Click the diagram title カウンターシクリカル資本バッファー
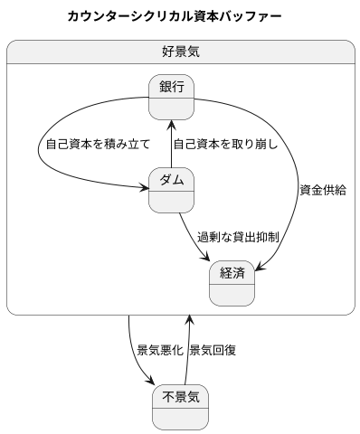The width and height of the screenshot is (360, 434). (174, 16)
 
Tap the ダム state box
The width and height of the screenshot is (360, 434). (172, 191)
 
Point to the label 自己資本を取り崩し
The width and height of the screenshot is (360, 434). (225, 144)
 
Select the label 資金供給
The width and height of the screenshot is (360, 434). (322, 190)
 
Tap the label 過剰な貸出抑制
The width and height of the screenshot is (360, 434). (238, 237)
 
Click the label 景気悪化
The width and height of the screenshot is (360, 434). (159, 350)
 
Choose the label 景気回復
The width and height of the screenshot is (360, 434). (213, 350)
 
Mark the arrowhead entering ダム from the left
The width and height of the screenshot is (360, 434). (145, 189)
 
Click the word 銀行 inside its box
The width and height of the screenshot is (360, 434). (172, 87)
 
